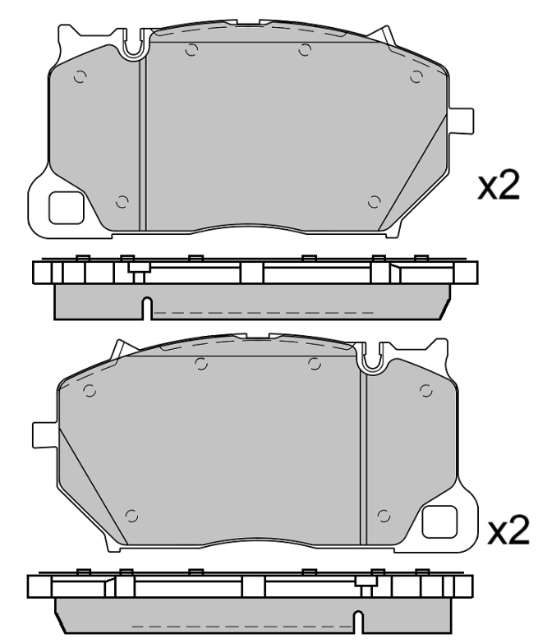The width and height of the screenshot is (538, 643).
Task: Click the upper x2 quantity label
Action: coord(499,188)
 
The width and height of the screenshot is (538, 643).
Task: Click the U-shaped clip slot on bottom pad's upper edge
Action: coord(374,356)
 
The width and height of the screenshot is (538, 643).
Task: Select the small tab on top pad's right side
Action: coord(464,120)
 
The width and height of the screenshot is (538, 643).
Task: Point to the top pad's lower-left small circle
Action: coord(122,202)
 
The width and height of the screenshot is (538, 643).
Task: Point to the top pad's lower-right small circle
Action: coord(375,202)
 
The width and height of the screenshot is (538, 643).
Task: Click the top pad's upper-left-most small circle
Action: coord(80,78)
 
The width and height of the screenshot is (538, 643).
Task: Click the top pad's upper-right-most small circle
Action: coord(416,77)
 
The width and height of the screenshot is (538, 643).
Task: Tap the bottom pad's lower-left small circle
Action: coord(132,516)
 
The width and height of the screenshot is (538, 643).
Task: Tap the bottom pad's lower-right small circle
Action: coord(382,516)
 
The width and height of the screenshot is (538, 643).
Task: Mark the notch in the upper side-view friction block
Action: coord(145,308)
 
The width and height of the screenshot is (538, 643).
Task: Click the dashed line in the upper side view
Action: coord(263,313)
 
